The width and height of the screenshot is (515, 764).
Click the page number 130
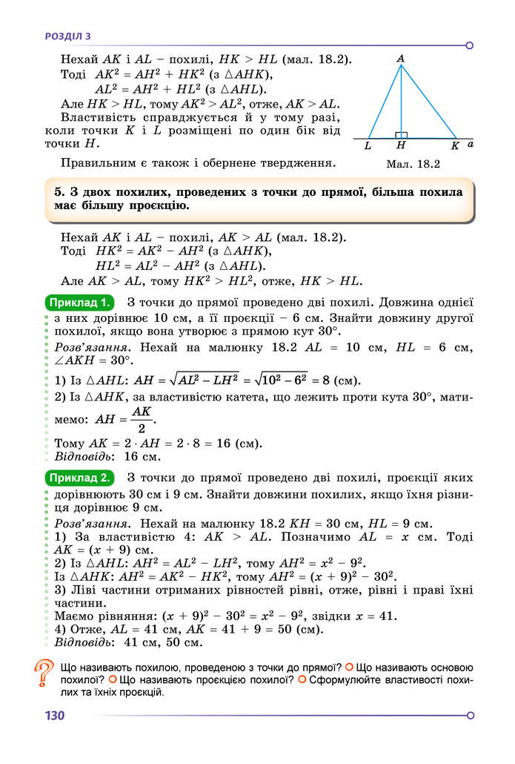55,716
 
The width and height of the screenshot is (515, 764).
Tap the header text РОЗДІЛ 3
67,36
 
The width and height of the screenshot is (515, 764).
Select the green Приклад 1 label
80,303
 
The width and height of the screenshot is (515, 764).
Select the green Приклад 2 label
80,477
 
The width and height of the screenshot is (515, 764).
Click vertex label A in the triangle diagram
400,58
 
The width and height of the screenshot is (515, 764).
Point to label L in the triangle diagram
368,146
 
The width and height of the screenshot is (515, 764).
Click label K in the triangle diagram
455,146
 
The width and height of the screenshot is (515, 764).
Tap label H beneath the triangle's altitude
401,146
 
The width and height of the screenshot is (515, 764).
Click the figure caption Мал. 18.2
413,165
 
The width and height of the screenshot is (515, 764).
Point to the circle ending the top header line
470,45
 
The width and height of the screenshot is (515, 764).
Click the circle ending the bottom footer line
470,716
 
